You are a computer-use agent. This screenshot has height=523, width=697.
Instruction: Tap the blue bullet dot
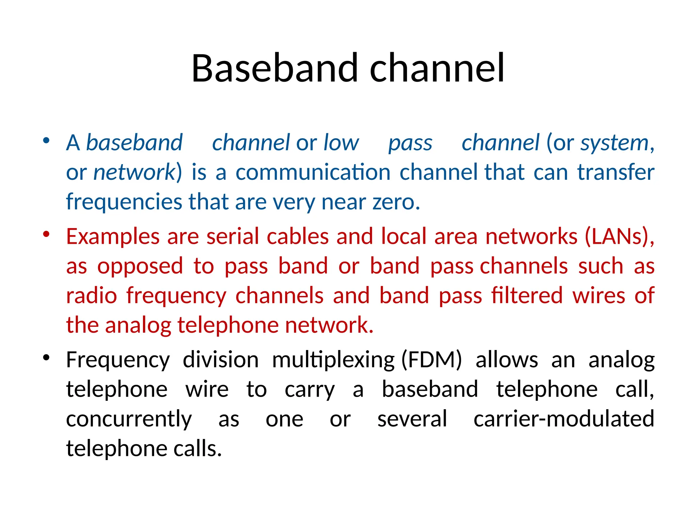(x=47, y=141)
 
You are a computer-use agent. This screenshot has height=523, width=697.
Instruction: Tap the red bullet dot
(x=47, y=234)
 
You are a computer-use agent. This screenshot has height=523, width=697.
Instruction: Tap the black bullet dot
(x=47, y=358)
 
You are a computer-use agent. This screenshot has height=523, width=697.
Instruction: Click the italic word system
(x=614, y=143)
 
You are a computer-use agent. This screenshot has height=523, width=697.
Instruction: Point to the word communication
(x=313, y=172)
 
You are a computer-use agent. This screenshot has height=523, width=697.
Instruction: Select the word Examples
(x=113, y=237)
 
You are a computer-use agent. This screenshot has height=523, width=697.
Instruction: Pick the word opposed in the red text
(x=140, y=266)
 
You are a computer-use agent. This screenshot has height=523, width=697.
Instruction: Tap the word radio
(x=92, y=296)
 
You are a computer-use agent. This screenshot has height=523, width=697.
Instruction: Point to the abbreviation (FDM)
(x=431, y=360)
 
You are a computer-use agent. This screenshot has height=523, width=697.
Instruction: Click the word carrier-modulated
(x=564, y=419)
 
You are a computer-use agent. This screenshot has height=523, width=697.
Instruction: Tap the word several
(x=412, y=419)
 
